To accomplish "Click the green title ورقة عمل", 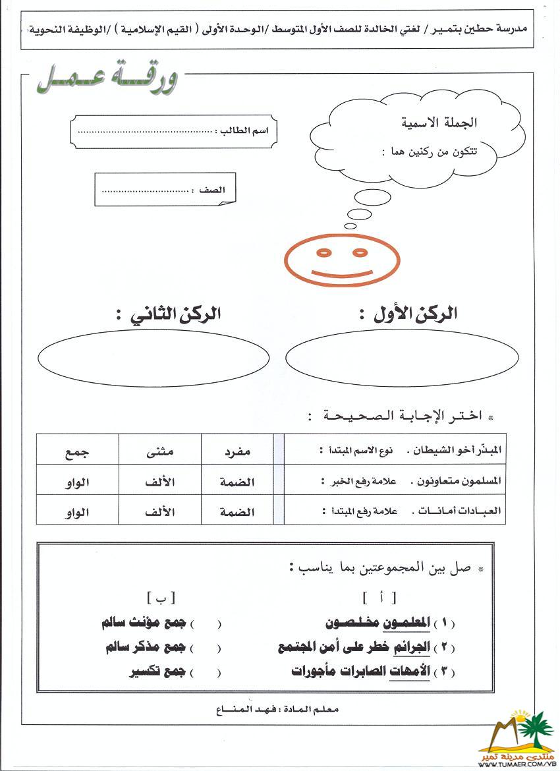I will coord(106,81).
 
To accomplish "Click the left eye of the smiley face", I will coord(323,252).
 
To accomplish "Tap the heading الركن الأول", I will coord(409,314).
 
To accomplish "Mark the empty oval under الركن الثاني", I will coord(154,358).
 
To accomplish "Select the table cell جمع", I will coord(77,452).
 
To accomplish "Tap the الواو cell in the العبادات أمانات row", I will coord(77,511).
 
